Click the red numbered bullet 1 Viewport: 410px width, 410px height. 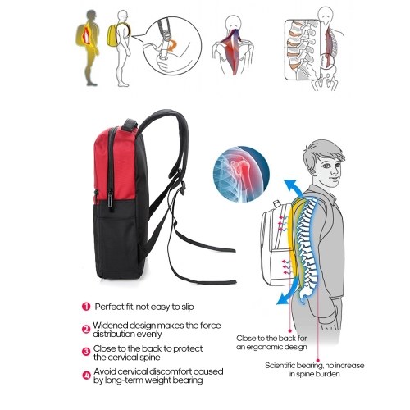coord(86,307)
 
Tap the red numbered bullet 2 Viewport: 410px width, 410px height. coord(86,329)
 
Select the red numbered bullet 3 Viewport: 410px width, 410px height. coord(86,352)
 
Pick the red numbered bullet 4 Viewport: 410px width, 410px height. coord(86,375)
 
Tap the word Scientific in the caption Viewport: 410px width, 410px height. coord(280,366)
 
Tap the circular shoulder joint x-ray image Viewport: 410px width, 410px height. coord(241,174)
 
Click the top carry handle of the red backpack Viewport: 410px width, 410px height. coord(130,124)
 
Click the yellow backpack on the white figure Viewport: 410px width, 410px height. coord(112,35)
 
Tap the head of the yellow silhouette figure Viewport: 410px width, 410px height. coord(92,16)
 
